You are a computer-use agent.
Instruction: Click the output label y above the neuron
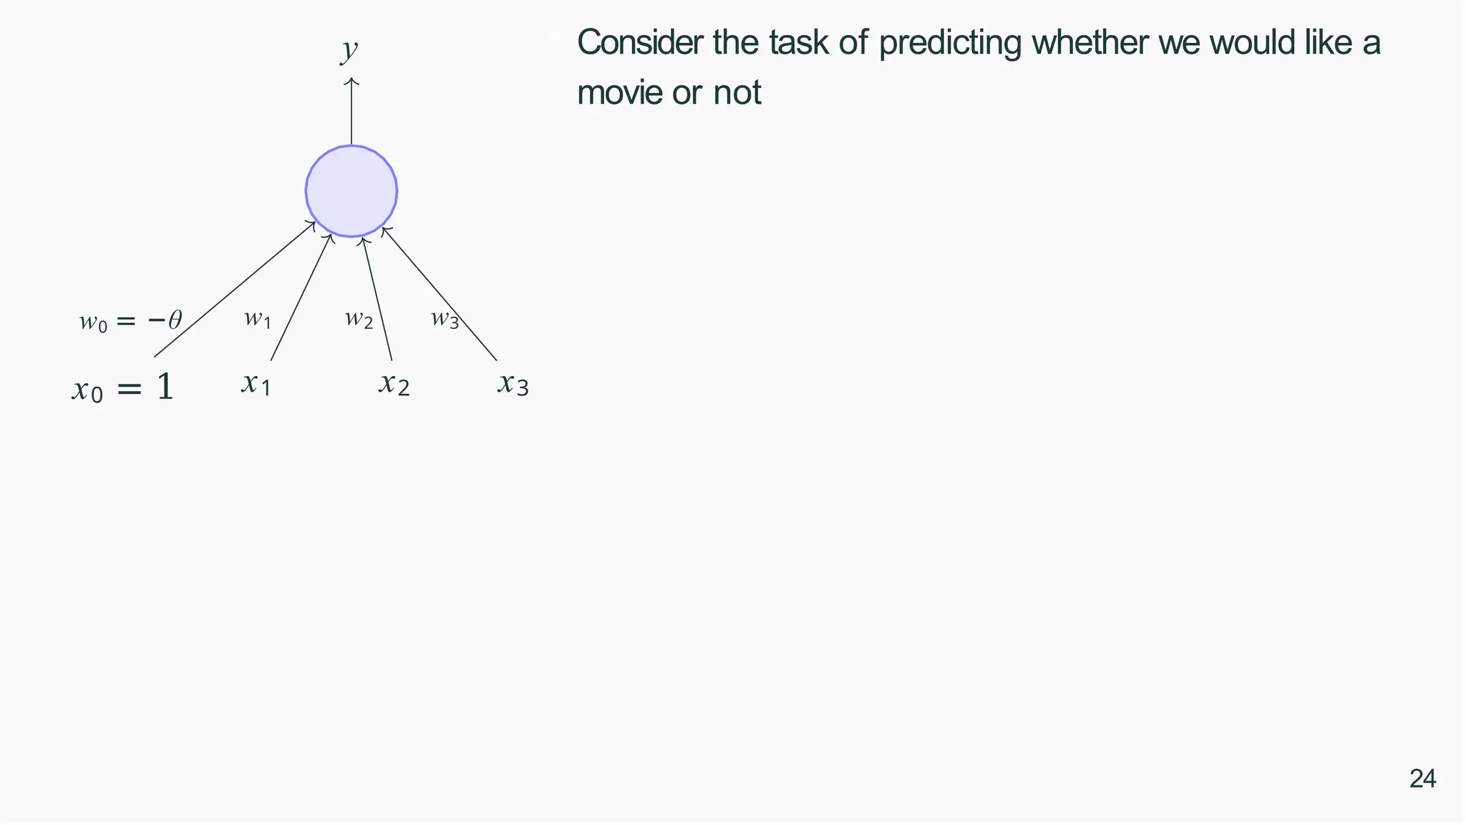[x=349, y=51]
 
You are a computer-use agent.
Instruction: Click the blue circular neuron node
[x=351, y=191]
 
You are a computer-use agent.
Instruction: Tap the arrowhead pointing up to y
[x=351, y=82]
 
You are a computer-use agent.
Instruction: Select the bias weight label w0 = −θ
[x=131, y=320]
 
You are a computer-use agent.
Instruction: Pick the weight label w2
[x=359, y=319]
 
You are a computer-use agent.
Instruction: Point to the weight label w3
[x=445, y=319]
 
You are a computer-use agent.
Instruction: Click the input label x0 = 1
[x=123, y=388]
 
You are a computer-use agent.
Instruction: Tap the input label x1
[x=256, y=384]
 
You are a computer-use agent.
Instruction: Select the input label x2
[x=394, y=384]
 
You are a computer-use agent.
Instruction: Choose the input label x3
[x=513, y=384]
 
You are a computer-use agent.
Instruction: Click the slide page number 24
[x=1422, y=779]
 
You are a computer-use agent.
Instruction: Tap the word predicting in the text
[x=951, y=43]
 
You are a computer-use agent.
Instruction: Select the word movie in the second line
[x=619, y=93]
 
